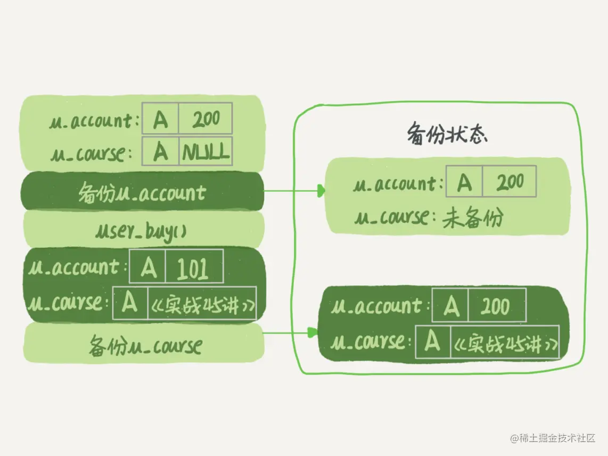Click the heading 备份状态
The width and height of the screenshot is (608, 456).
click(447, 134)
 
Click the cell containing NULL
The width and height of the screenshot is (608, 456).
click(206, 152)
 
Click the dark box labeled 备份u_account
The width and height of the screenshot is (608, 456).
click(142, 191)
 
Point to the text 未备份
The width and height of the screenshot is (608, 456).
click(472, 218)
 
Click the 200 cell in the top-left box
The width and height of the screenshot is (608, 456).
click(206, 119)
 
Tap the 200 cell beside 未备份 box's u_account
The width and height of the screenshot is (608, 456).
click(510, 183)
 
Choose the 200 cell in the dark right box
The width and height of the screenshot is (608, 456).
click(497, 306)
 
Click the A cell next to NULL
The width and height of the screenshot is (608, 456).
click(160, 152)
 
